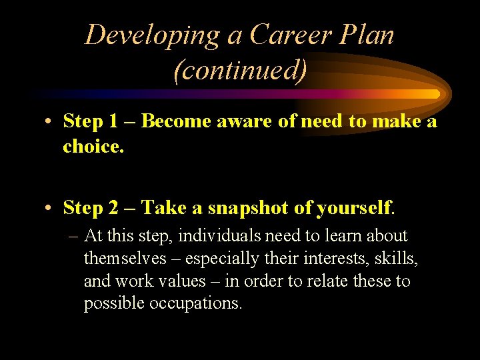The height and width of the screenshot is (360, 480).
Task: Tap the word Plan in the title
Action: pos(366,35)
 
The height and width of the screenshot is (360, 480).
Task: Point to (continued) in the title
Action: pos(240,70)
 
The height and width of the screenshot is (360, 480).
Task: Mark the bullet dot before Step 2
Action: pos(50,209)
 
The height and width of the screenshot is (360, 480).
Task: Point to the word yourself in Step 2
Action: pos(354,208)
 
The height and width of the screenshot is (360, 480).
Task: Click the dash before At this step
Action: pos(73,236)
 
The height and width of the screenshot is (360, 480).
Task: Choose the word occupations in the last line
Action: pos(195,304)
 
